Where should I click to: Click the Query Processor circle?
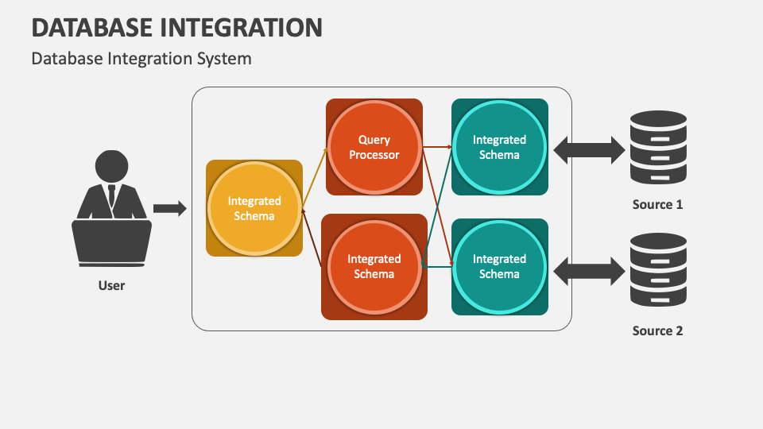click(x=374, y=147)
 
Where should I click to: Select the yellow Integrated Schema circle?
click(x=254, y=208)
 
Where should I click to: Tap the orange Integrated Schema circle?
click(x=374, y=267)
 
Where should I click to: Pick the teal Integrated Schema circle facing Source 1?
click(x=499, y=147)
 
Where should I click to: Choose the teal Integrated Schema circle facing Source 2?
click(x=499, y=267)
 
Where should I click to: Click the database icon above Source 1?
click(x=658, y=148)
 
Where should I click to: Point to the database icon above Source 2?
click(x=658, y=270)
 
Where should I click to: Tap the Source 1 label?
click(x=657, y=204)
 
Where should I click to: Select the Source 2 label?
click(x=657, y=330)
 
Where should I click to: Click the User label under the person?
click(x=111, y=285)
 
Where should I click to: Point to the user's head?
click(x=111, y=166)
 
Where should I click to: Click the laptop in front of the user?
click(x=111, y=243)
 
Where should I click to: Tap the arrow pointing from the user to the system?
click(x=170, y=209)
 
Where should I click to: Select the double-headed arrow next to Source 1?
click(x=589, y=150)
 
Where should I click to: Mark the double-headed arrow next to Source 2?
click(x=589, y=271)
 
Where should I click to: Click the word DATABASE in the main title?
click(x=92, y=28)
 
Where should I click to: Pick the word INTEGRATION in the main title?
click(x=241, y=28)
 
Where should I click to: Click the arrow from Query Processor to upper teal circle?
click(x=437, y=146)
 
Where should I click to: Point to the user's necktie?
click(x=111, y=195)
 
